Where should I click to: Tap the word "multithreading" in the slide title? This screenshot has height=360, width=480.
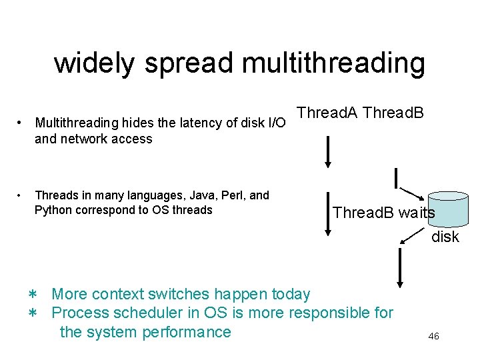pos(333,63)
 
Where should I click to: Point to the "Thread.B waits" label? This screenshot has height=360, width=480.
pos(383,213)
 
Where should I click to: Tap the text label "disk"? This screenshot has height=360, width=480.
pos(445,237)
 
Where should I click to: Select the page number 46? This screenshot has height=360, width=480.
pos(433,337)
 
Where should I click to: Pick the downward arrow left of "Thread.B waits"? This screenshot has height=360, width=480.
pos(328,214)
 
